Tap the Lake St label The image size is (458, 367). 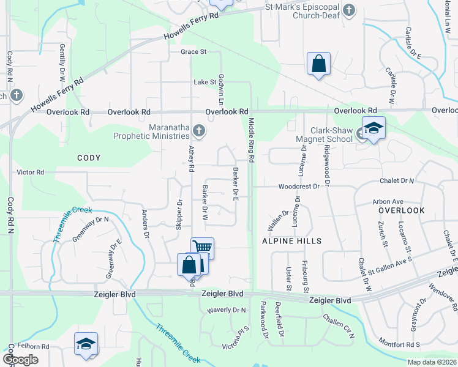pos(206,81)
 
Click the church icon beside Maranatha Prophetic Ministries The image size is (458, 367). pos(198,130)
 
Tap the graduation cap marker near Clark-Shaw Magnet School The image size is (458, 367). pos(374,128)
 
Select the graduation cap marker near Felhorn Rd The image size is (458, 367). pos(86,344)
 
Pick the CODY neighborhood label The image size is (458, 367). pos(89,158)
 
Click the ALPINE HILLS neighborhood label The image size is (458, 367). pos(292,241)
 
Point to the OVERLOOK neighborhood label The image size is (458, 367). pos(401,210)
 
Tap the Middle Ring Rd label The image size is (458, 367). pos(251,141)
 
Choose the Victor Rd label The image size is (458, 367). pos(31,172)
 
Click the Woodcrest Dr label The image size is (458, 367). pos(299,186)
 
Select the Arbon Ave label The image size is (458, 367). pos(388,201)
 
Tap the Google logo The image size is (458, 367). pos(20,360)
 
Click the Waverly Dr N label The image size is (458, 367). pos(226,310)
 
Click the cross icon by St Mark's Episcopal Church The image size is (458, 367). pos(348,10)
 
